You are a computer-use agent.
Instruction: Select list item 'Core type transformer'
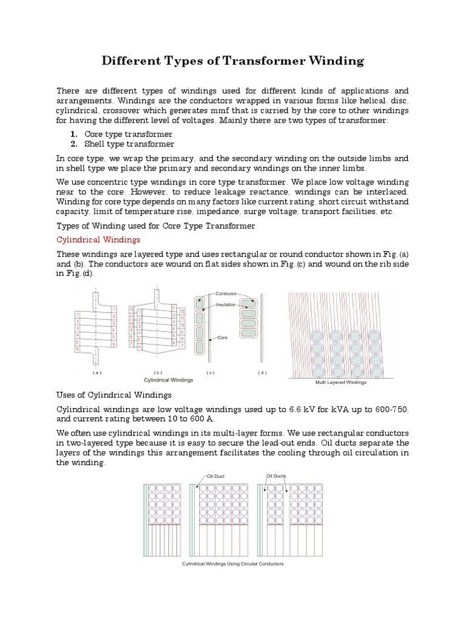tap(127, 134)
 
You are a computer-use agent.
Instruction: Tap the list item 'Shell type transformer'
tap(129, 144)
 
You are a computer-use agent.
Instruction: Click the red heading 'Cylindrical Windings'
tap(98, 240)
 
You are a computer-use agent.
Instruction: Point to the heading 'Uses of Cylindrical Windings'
tap(112, 395)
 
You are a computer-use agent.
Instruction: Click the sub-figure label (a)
tap(96, 372)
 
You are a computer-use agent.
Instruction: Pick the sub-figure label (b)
tap(158, 372)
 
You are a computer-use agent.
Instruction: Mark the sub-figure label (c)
tap(211, 372)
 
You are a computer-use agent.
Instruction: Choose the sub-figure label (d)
tap(262, 372)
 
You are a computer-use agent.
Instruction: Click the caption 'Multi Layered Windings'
tap(341, 383)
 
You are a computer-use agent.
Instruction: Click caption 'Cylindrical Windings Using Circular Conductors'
tap(233, 564)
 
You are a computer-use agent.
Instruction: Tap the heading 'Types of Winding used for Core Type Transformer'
tap(155, 226)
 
